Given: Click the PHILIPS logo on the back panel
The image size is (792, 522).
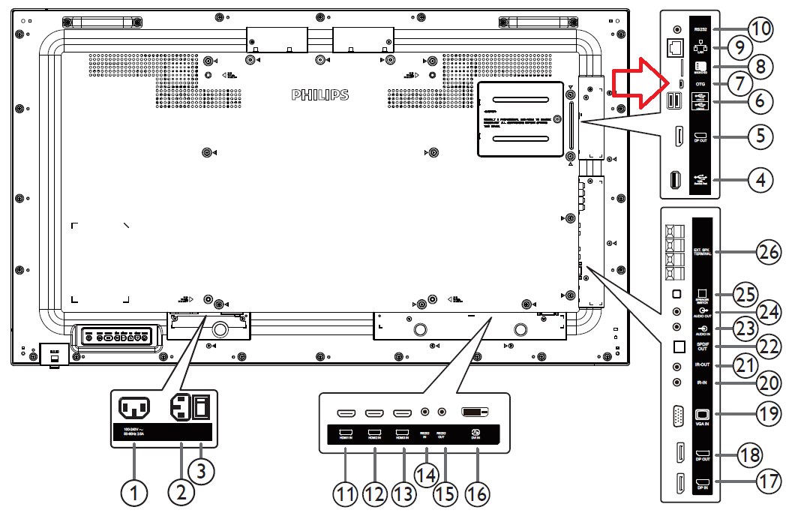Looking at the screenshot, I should [320, 95].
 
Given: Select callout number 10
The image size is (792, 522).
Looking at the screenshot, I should [761, 29].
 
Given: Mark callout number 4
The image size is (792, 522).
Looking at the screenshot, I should [762, 179].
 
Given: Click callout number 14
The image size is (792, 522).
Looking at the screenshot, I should [426, 475].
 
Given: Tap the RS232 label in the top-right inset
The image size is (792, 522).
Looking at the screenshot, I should [701, 28].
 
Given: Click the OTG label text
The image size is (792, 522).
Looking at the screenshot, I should [700, 84].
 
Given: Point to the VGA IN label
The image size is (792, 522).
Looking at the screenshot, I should [702, 423].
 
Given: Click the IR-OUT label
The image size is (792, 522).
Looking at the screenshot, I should [702, 364].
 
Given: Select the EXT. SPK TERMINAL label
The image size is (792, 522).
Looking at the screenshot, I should [702, 251].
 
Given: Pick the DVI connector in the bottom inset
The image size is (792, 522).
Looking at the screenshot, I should [474, 412].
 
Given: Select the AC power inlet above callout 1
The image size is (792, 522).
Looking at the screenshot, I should [133, 409].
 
